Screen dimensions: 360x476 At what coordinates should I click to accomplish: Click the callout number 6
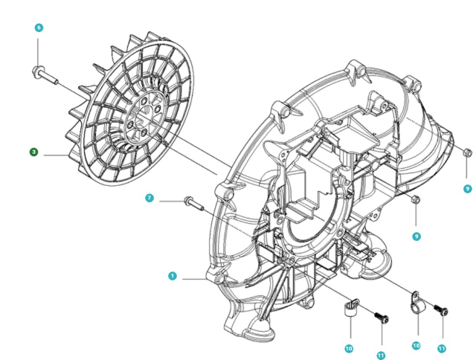tap(39, 28)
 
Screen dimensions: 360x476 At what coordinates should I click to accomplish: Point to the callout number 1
tap(172, 275)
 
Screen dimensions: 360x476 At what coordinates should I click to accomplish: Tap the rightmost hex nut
tap(466, 153)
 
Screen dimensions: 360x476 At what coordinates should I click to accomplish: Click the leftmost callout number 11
tap(381, 356)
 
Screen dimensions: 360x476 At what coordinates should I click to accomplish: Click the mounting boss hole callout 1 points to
tap(219, 280)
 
